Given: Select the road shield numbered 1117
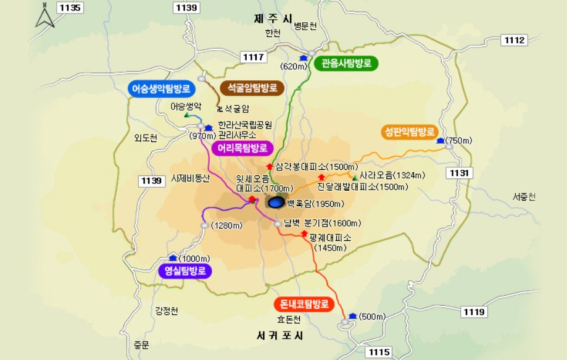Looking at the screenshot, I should (254, 57).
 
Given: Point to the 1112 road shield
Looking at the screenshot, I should (515, 40).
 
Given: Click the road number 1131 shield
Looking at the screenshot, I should (460, 173).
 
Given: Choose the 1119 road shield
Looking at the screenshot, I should (474, 312).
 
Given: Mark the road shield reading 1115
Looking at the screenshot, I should (379, 352).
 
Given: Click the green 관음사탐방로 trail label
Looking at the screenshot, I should (346, 63).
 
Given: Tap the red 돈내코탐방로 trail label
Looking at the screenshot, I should (304, 304).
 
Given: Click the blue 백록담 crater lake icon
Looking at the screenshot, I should (276, 202).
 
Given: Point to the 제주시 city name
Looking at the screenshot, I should (273, 19).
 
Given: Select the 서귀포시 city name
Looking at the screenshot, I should (279, 336).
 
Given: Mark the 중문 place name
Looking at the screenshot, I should (141, 345).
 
